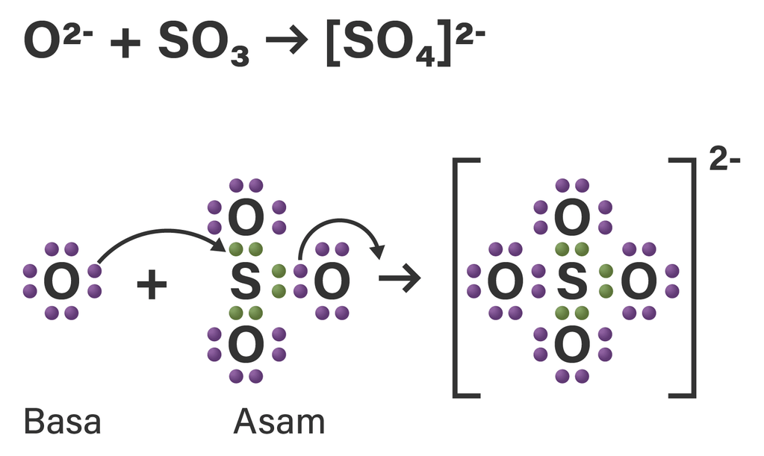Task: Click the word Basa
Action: [x=62, y=422]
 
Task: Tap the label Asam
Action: [x=279, y=422]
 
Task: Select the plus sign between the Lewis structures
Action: [x=152, y=285]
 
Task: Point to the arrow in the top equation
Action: [x=286, y=44]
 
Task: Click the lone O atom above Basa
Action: [x=62, y=281]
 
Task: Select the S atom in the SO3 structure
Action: [x=246, y=281]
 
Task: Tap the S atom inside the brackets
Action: [x=571, y=281]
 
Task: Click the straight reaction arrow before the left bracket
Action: [x=400, y=280]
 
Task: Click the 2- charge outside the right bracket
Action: [x=724, y=162]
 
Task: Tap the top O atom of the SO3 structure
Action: [x=246, y=217]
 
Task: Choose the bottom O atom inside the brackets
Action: [x=571, y=345]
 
